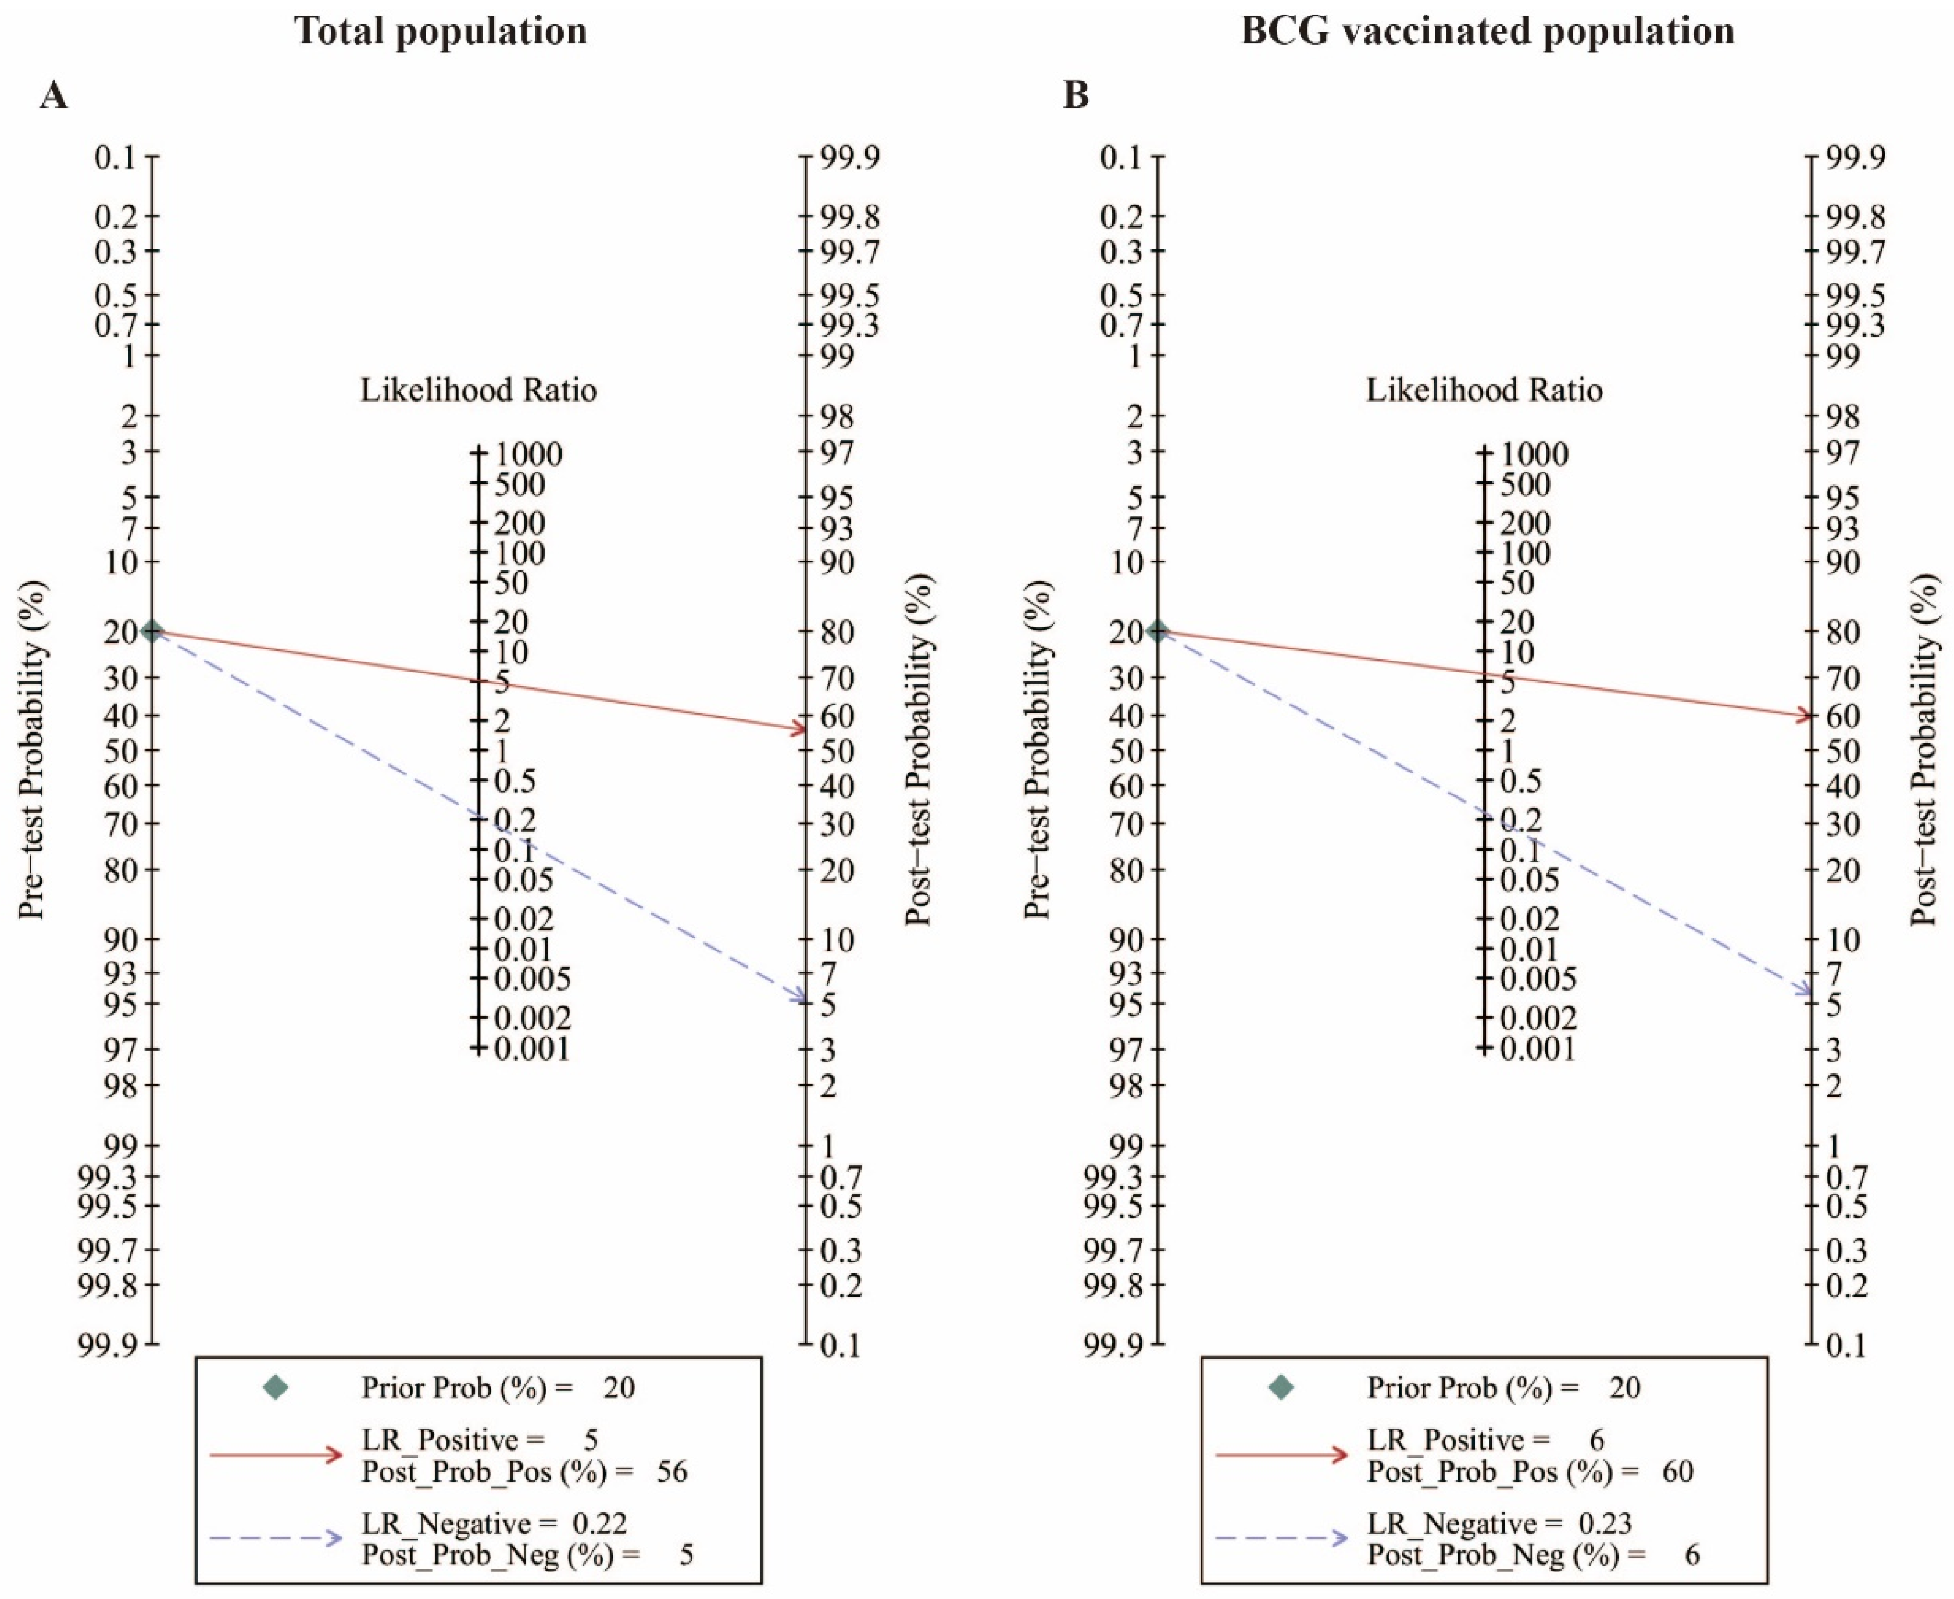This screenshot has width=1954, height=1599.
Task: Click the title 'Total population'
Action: click(440, 31)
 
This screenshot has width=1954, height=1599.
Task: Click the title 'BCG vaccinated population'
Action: click(1487, 31)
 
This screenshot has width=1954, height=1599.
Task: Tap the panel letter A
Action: click(53, 95)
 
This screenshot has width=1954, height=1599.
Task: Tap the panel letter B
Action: click(1076, 95)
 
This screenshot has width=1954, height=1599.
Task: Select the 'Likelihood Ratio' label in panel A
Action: click(478, 391)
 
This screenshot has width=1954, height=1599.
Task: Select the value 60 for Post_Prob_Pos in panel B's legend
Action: click(1677, 1471)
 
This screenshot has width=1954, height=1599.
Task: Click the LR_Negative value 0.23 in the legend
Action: click(1604, 1523)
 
